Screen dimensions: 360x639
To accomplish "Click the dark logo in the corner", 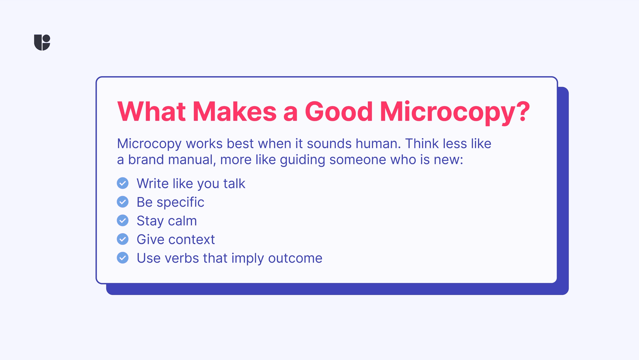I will click(42, 42).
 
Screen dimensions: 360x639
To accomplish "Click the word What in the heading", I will click(151, 111).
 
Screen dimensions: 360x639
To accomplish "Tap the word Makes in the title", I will click(234, 111).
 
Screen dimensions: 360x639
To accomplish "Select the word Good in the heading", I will click(339, 111).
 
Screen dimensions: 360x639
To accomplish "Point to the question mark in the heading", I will click(523, 111).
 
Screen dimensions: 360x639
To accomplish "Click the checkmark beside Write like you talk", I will click(123, 183).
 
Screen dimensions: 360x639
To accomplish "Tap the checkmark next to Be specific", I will click(123, 202).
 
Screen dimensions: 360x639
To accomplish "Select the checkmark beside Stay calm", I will click(123, 220).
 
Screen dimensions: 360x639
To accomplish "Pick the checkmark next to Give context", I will click(123, 239).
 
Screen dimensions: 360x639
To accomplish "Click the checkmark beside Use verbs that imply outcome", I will click(123, 258).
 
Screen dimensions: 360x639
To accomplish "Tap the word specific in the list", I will click(180, 202).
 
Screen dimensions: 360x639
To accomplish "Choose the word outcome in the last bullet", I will click(295, 259).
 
